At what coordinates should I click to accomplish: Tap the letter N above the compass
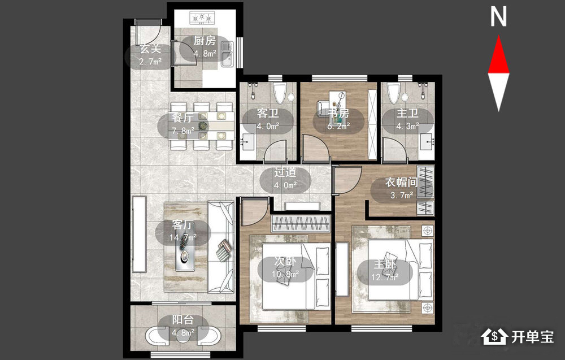tap(498, 16)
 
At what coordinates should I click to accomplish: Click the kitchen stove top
tap(202, 18)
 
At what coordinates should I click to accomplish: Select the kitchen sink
tap(227, 54)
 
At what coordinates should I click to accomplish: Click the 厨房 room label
tap(205, 41)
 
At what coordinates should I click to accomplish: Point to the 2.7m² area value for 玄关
tap(150, 62)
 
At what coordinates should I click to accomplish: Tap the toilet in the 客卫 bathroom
tap(279, 92)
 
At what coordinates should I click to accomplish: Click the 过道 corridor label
tap(285, 172)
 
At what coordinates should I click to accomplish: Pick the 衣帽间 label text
tap(401, 183)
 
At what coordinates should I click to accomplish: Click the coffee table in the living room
tap(185, 255)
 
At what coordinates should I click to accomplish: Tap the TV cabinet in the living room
tap(140, 234)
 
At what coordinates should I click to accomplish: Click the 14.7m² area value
tap(183, 237)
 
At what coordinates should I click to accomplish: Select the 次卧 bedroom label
tap(285, 262)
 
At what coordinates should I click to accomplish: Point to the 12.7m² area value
tap(385, 277)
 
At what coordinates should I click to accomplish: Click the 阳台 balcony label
tap(182, 320)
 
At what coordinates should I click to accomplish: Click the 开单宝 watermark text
tap(533, 337)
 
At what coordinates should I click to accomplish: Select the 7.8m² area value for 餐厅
tap(183, 131)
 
